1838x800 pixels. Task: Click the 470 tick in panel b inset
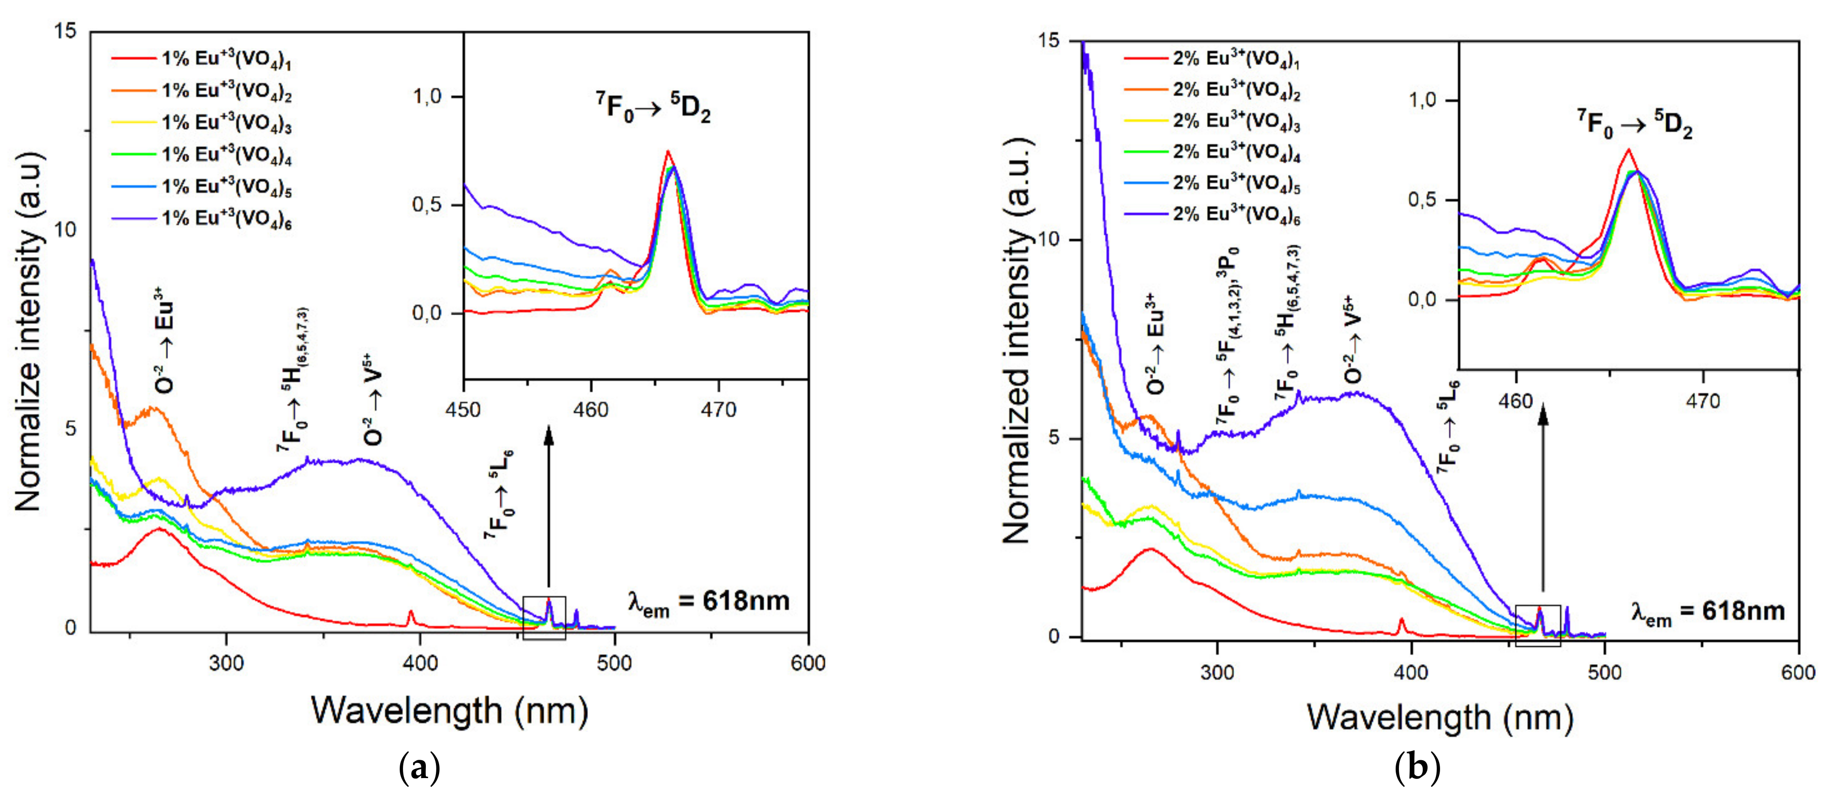pos(1702,402)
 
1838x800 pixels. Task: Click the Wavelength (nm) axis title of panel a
pos(450,710)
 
